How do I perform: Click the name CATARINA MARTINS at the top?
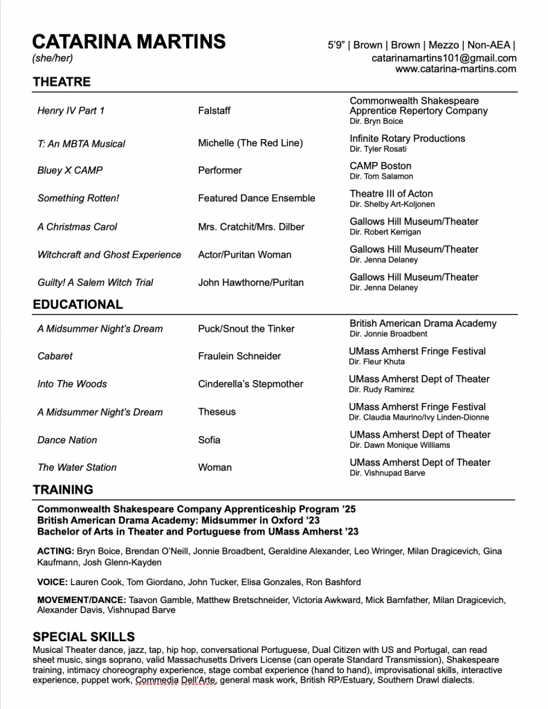129,42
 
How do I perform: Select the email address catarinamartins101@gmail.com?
444,58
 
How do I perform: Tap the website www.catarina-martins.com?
455,69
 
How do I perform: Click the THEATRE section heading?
62,82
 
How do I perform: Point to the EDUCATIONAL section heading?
77,304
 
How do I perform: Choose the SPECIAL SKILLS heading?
84,636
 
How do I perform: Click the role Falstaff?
214,111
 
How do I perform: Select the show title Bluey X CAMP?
70,170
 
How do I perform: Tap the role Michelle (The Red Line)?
250,143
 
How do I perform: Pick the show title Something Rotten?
78,198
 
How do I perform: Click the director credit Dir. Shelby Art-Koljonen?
391,204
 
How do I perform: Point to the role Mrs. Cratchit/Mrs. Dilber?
251,226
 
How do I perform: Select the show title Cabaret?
55,356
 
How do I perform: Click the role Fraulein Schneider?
239,356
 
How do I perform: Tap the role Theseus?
217,411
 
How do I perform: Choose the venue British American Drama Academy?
423,323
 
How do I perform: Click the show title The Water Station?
77,467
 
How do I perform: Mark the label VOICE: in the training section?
52,582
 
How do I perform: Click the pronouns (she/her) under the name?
53,58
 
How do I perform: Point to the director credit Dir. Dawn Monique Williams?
399,445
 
